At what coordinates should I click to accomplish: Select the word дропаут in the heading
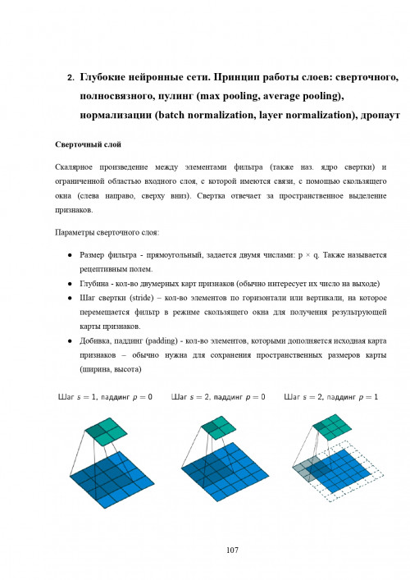[379, 115]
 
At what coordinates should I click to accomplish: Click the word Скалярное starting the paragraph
[74, 167]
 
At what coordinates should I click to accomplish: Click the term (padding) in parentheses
[191, 340]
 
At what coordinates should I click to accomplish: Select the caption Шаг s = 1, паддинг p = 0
[105, 398]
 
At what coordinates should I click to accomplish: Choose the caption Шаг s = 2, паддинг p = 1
[330, 398]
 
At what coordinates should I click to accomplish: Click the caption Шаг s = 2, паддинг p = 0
[218, 398]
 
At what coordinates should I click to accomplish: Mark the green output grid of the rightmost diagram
[335, 427]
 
